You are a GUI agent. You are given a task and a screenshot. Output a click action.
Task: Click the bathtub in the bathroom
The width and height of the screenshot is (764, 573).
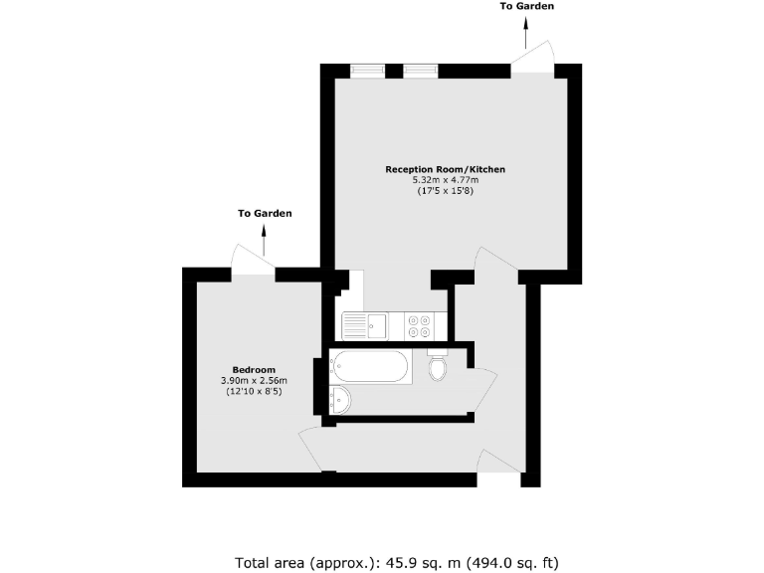point(368,366)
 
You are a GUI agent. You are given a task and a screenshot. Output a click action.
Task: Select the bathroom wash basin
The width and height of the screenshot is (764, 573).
point(338,400)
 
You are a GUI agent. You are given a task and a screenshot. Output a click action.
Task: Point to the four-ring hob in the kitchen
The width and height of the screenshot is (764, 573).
point(418,324)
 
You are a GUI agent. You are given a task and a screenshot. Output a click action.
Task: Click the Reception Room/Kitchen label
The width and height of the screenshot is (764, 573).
point(445,170)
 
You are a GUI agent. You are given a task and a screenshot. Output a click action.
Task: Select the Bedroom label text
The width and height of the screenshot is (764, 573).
point(255,369)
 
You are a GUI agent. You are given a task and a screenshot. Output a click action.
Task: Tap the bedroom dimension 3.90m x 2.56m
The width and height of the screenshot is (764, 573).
point(254,380)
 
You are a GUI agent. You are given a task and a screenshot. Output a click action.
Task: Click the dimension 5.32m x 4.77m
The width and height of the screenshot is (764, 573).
point(445,180)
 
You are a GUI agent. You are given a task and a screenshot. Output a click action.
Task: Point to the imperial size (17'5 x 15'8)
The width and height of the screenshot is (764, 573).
point(445,191)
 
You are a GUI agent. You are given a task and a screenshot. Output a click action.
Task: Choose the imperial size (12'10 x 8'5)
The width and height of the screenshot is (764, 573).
point(254,391)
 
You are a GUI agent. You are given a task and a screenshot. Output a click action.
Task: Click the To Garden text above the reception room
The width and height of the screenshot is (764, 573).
point(527,7)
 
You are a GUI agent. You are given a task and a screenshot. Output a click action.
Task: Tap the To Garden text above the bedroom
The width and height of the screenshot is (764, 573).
point(265,214)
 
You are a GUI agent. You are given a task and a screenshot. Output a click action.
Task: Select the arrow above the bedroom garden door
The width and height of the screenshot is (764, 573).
point(265,239)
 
